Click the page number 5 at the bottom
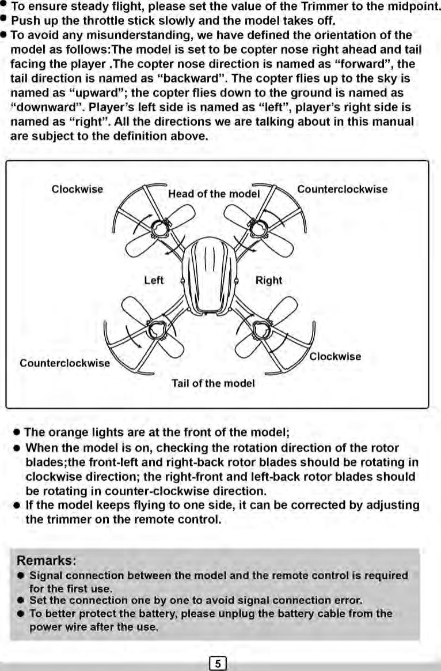pos(218,663)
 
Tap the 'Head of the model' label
pos(214,194)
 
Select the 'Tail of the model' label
pos(213,383)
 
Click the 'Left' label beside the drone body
pos(154,280)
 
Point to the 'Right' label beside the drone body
pos(269,280)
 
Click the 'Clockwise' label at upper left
pos(78,189)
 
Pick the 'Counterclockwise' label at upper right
pos(342,189)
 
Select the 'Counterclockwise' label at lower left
pos(64,363)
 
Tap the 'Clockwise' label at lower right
pos(335,356)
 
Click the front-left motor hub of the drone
pos(158,229)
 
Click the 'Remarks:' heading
pos(47,560)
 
